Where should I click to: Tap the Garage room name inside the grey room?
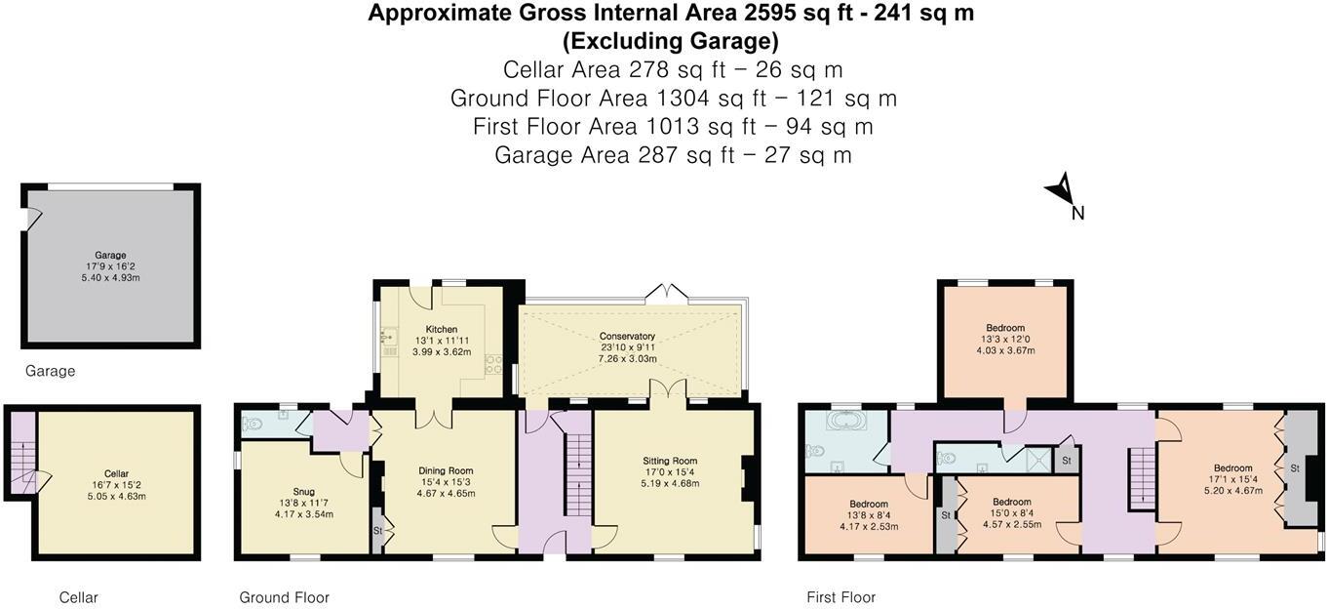coord(110,256)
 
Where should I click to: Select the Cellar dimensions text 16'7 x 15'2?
coord(116,485)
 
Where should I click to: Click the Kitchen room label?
coord(441,330)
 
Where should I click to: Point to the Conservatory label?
coord(627,336)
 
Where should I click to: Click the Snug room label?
coord(303,492)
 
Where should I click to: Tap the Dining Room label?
coord(446,470)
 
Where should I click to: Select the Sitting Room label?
coord(670,461)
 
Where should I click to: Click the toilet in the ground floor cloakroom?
coord(253,424)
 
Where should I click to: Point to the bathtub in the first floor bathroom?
coord(846,421)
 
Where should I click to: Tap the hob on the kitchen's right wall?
coord(493,364)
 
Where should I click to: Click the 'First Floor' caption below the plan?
coord(840,597)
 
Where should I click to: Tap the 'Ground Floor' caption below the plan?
coord(284,597)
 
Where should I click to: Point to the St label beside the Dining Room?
coord(377,531)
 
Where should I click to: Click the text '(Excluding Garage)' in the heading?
coord(671,41)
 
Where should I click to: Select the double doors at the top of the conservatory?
coord(667,295)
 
